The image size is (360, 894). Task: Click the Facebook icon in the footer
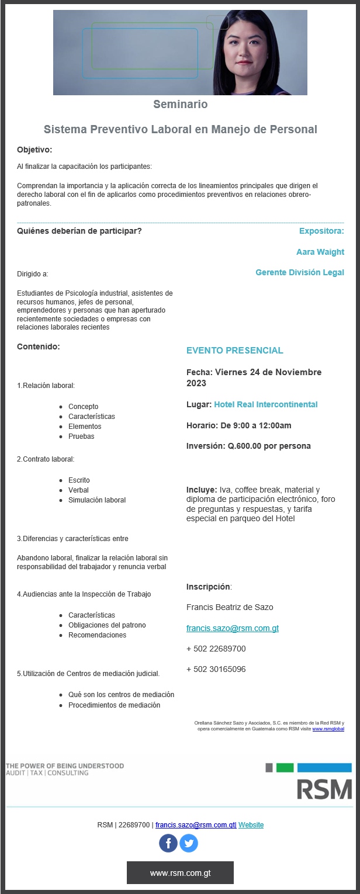(168, 843)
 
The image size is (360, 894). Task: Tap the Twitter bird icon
(189, 843)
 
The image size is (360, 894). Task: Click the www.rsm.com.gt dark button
(180, 873)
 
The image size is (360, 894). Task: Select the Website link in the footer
(251, 825)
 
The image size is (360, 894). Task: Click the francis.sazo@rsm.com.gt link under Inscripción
(233, 628)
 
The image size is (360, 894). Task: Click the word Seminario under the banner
(180, 105)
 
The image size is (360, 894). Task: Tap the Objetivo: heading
(34, 150)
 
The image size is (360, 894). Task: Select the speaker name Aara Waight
(320, 252)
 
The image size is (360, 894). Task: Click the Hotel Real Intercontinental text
(266, 404)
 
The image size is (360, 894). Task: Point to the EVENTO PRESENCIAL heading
(235, 351)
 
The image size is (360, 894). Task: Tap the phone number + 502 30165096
(216, 669)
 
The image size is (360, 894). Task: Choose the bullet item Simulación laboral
(97, 500)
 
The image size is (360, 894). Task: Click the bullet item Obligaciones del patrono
(107, 625)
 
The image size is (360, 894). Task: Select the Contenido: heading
(39, 346)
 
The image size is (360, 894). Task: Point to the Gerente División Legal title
(300, 272)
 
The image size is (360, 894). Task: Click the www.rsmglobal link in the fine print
(328, 729)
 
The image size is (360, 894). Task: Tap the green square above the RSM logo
(285, 767)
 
